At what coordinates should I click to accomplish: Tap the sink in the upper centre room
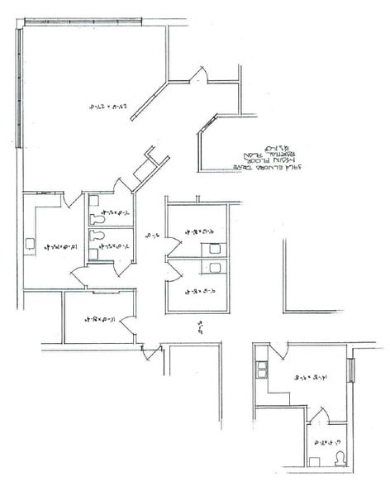215,245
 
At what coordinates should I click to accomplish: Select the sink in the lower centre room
215,267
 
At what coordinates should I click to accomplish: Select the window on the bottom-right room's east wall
352,370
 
